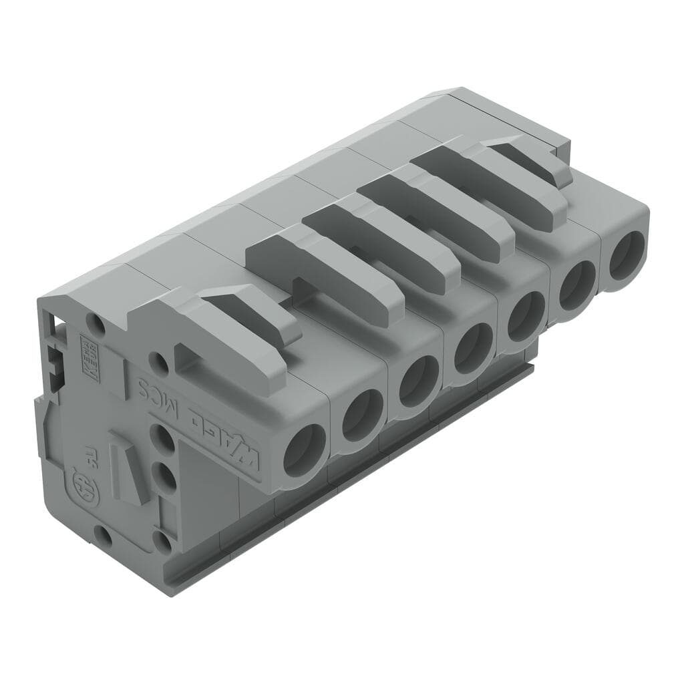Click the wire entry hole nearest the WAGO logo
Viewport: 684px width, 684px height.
[x=304, y=450]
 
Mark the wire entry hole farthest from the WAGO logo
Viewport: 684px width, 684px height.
[x=627, y=256]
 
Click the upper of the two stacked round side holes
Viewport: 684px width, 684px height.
[x=162, y=440]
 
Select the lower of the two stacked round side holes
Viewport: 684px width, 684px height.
[x=163, y=477]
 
